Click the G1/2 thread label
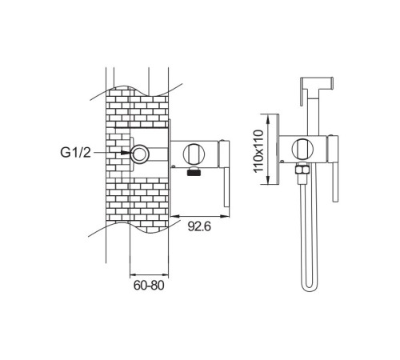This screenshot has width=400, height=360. [x=76, y=153]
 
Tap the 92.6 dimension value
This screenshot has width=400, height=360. [x=199, y=226]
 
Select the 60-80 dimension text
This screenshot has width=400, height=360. [x=149, y=286]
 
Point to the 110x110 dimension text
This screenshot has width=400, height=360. [x=258, y=151]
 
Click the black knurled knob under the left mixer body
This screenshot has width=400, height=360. [x=194, y=171]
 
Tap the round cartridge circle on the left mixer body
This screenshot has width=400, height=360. [x=194, y=154]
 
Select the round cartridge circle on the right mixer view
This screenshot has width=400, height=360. [x=303, y=150]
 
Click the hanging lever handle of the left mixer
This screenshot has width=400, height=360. [x=226, y=187]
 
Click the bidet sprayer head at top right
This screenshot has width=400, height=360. [x=317, y=82]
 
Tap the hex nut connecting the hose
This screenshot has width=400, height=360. [x=302, y=170]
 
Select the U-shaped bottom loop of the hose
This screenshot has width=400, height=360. [x=309, y=286]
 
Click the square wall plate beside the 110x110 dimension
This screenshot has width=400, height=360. [x=278, y=149]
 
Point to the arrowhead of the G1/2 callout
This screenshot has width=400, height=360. [x=126, y=152]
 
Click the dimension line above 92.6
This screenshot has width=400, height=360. [x=199, y=216]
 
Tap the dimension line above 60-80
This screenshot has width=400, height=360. [x=149, y=274]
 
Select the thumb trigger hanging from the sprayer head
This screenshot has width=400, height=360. [x=303, y=92]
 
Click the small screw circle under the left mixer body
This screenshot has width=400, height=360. [x=174, y=167]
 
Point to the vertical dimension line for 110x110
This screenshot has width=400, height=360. [x=268, y=149]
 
